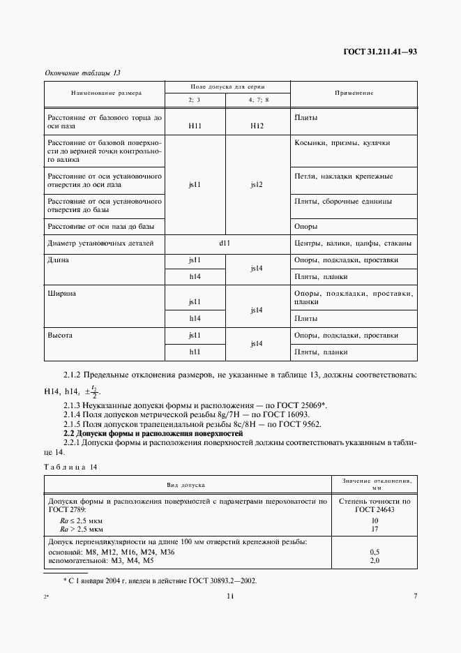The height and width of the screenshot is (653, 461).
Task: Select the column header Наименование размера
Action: click(105, 93)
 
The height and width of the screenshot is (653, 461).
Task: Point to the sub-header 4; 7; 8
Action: click(257, 100)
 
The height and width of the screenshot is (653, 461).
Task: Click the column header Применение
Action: click(354, 93)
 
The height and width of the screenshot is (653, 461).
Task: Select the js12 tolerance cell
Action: click(257, 185)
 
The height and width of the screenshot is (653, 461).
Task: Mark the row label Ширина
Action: click(61, 294)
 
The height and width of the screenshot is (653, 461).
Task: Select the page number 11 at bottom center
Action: click(230, 596)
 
